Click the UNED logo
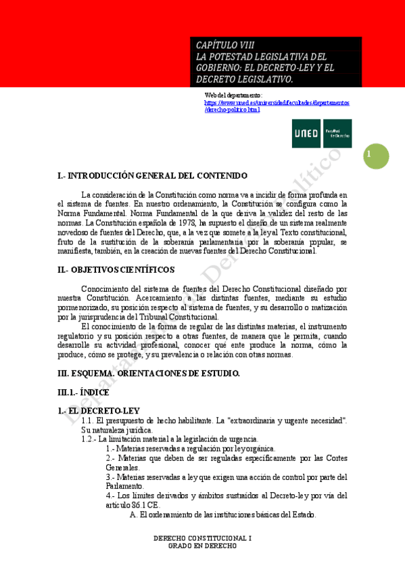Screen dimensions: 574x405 point(321,133)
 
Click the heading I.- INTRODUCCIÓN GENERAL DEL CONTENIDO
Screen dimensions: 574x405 point(153,176)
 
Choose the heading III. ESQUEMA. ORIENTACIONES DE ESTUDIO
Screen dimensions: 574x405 point(149,373)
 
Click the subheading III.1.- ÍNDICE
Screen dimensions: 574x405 point(83,392)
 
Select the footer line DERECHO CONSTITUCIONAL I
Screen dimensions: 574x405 point(202,538)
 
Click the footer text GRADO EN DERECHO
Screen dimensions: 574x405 point(202,546)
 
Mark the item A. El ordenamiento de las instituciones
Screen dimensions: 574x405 point(222,514)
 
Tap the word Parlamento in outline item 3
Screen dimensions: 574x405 point(126,486)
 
